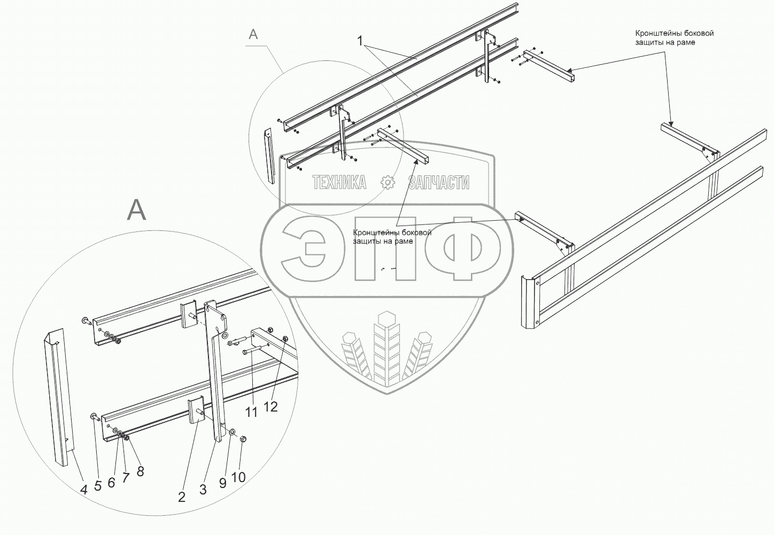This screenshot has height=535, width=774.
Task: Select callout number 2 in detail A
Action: (182, 497)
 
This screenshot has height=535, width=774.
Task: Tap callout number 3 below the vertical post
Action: (203, 489)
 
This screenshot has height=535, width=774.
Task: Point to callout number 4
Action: (84, 489)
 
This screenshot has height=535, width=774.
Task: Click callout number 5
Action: (98, 486)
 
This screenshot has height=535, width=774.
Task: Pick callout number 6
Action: (111, 482)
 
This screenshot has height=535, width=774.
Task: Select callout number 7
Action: (126, 477)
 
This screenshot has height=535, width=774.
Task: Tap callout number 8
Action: (140, 471)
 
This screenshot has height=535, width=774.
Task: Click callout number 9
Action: (223, 482)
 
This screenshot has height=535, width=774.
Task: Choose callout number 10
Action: (238, 477)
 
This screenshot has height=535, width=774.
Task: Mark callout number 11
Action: (251, 412)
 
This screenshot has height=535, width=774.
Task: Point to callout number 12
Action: (270, 406)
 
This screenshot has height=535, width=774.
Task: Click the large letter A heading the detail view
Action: (136, 210)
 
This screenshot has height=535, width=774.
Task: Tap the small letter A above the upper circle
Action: (253, 34)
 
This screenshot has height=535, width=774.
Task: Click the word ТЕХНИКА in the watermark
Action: (339, 183)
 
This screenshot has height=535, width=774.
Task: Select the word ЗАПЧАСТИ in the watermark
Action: (438, 183)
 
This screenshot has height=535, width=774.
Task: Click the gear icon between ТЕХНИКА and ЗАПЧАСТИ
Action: (388, 182)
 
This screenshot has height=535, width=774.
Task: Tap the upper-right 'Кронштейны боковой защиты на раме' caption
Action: (674, 37)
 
